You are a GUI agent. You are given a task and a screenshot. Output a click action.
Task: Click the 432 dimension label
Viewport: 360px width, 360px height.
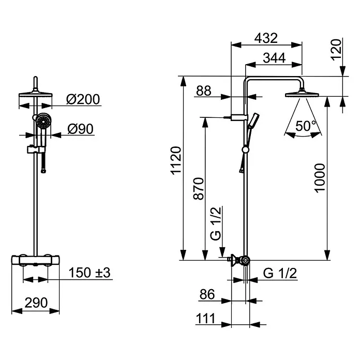coord(266,38)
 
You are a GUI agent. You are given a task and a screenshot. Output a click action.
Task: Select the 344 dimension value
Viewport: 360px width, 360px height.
coord(274,58)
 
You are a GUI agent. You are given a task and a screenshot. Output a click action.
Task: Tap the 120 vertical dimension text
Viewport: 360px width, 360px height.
coord(336,50)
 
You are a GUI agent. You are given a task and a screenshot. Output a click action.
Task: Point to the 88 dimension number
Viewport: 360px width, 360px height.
coord(204,91)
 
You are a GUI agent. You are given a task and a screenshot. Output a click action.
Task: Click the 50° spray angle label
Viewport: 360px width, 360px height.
coord(306,126)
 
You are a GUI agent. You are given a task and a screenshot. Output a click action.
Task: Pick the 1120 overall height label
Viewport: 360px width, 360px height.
coord(177,160)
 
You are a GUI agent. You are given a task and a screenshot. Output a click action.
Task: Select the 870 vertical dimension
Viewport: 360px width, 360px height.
coord(199,188)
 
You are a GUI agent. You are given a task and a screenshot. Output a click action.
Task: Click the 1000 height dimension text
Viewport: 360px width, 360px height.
coord(320,178)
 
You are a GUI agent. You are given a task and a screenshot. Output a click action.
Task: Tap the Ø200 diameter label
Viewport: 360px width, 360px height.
coord(83,99)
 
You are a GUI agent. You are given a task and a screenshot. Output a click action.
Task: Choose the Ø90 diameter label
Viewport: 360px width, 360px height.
coord(80,129)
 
